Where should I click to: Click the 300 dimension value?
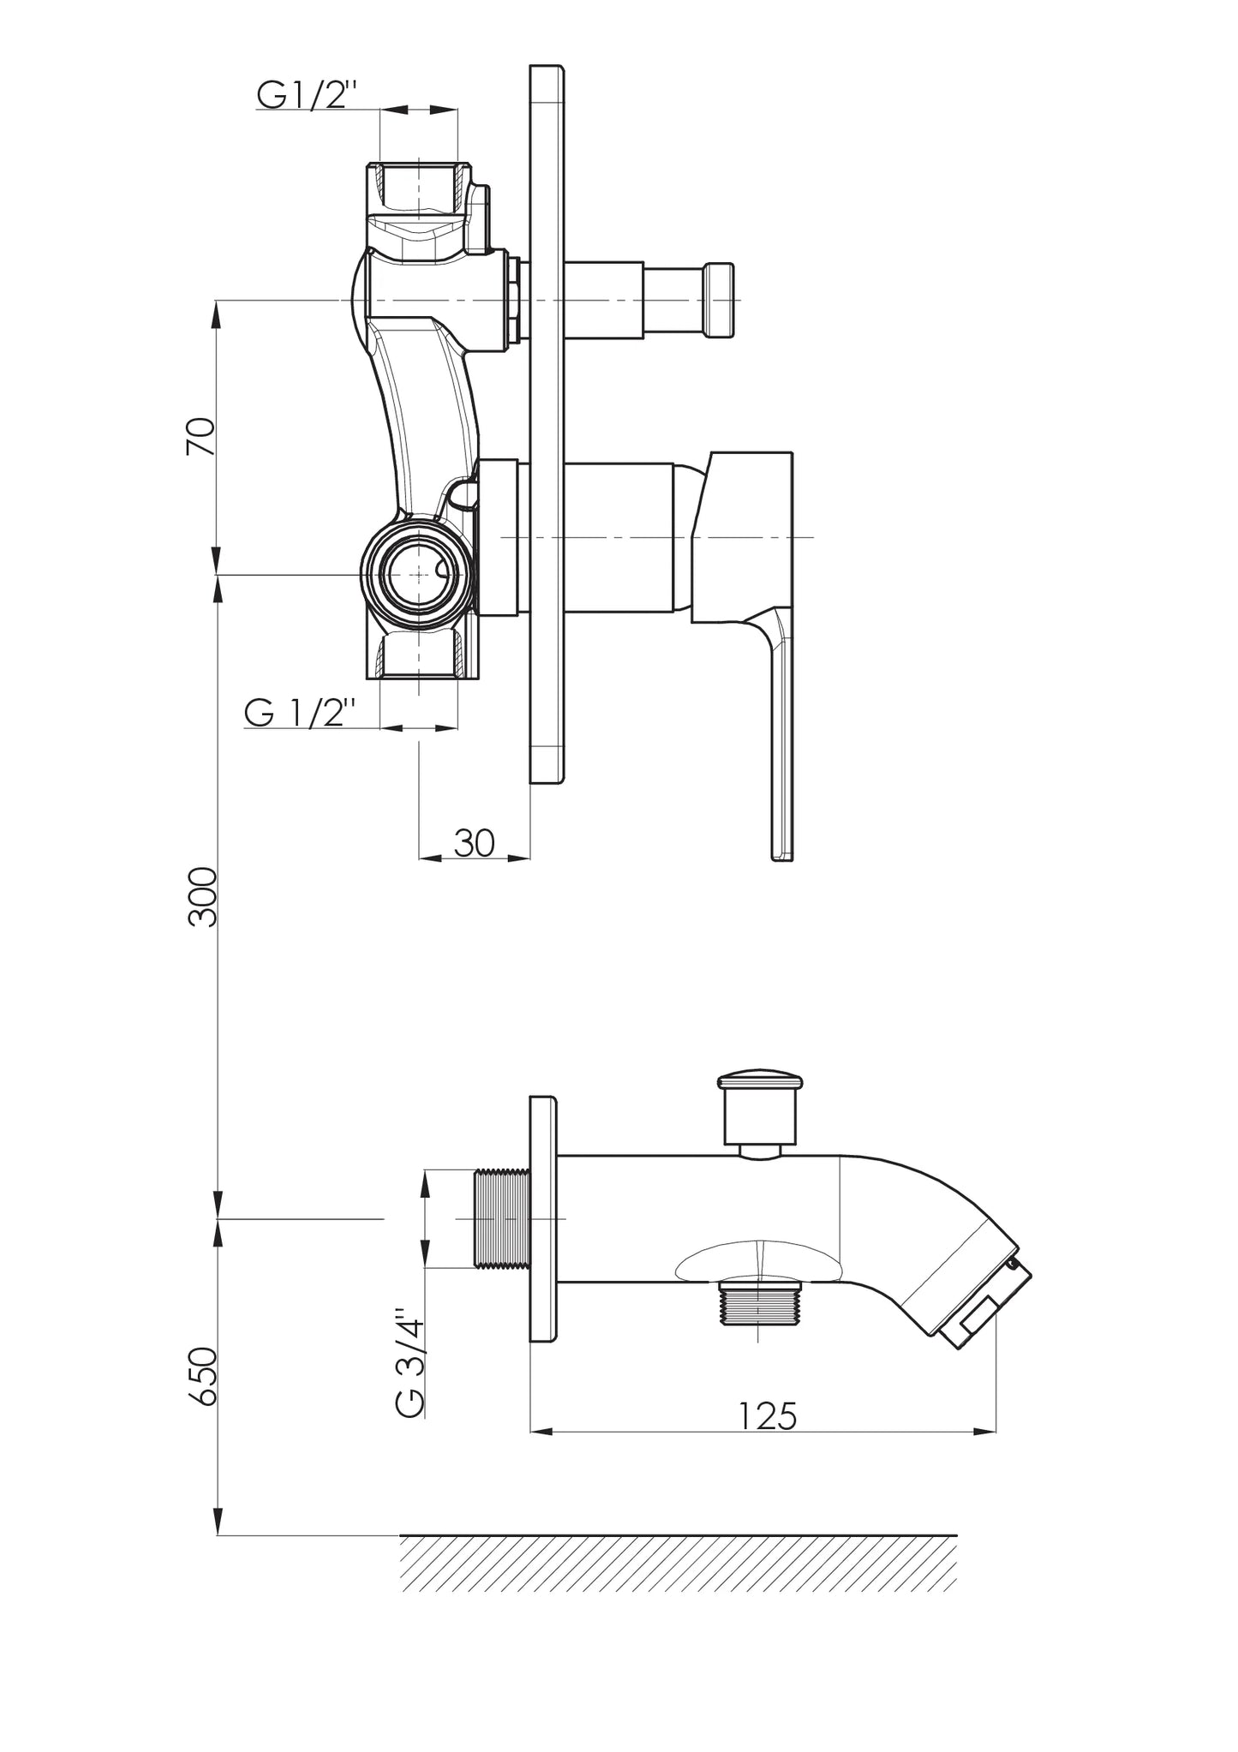pyautogui.click(x=204, y=896)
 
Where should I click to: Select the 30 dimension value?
pyautogui.click(x=474, y=843)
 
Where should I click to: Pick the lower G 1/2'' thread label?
pyautogui.click(x=299, y=712)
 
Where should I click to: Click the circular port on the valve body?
pyautogui.click(x=417, y=576)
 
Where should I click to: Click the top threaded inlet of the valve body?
pyautogui.click(x=419, y=188)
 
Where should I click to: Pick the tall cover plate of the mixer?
pyautogui.click(x=547, y=425)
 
